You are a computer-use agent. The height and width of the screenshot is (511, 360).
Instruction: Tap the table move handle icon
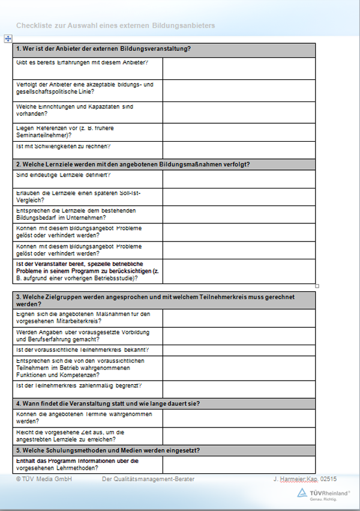pos(8,38)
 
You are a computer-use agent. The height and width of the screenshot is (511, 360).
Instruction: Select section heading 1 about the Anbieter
pos(104,49)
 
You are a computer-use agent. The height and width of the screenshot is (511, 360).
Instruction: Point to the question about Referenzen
pos(67,132)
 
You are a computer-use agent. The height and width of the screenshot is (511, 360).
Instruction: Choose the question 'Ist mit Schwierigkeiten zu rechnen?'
pos(65,147)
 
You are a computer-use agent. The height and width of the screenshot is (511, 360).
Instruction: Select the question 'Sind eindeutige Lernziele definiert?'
pos(64,175)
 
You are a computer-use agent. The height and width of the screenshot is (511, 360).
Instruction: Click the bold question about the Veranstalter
pos(86,271)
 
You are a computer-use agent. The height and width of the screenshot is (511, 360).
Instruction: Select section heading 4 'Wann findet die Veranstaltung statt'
pos(108,403)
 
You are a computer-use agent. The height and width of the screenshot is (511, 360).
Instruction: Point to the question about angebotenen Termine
pos(84,417)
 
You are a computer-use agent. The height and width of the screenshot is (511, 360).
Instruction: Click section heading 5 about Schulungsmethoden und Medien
pos(108,450)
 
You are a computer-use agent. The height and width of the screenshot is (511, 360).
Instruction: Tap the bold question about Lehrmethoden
pos(77,464)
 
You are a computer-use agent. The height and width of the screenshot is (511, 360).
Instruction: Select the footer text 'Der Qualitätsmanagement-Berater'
pos(148,479)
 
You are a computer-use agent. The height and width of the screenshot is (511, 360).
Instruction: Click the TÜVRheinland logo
pos(324,494)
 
